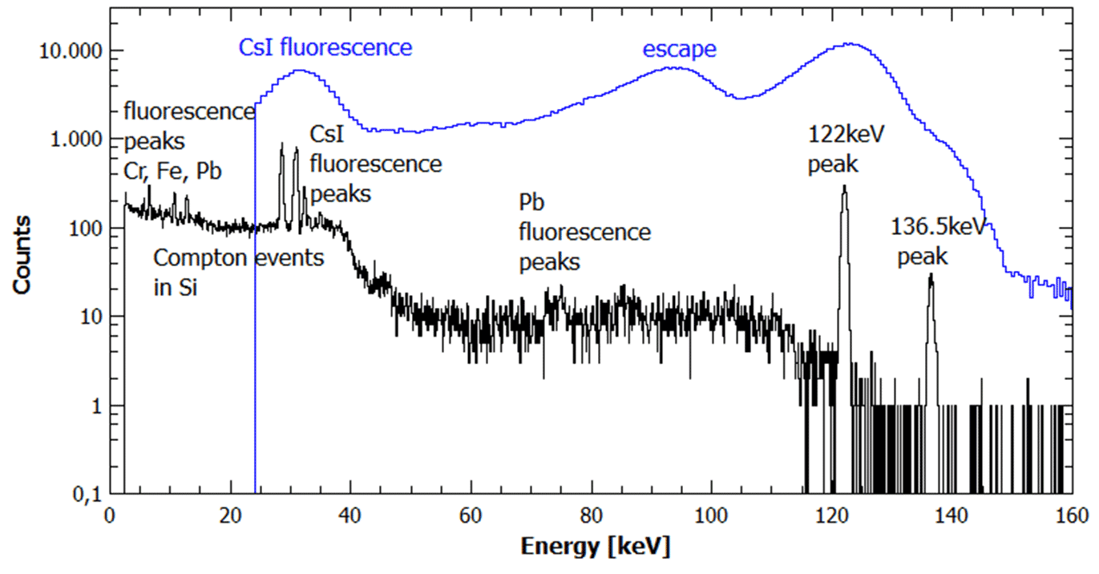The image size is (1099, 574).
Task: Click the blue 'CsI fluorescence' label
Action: [x=325, y=47]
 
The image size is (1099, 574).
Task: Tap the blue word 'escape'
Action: [x=679, y=50]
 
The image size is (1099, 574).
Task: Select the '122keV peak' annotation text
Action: [x=845, y=149]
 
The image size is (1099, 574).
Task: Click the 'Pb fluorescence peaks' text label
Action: [x=584, y=232]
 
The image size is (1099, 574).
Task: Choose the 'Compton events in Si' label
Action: [x=238, y=273]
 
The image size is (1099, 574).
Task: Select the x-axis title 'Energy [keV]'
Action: [x=596, y=548]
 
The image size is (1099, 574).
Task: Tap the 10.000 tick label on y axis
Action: [x=69, y=52]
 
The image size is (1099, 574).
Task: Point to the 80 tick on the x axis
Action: [x=592, y=514]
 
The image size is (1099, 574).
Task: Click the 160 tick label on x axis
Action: [x=1072, y=514]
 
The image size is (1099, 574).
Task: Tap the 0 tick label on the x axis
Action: [x=110, y=514]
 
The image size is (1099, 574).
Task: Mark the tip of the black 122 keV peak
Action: [x=844, y=186]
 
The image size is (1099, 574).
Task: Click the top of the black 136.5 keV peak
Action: [x=931, y=274]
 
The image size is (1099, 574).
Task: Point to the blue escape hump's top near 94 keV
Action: [x=676, y=67]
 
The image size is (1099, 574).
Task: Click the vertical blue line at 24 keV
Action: [x=255, y=321]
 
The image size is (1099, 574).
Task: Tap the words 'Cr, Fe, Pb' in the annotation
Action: [x=172, y=171]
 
